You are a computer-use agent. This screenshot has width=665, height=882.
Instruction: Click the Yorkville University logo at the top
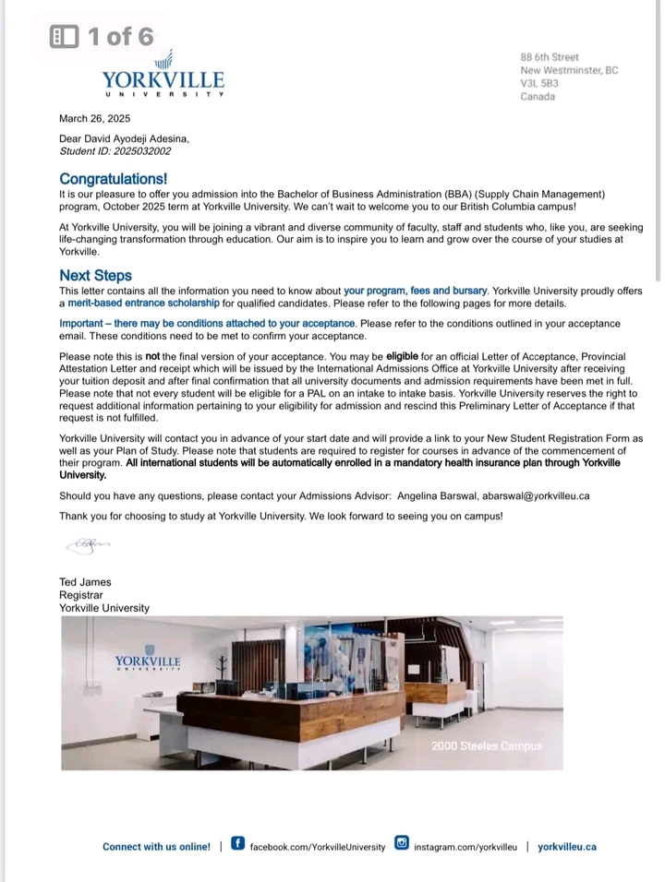click(163, 75)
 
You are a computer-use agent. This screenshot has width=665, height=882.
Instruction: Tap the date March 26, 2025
click(94, 118)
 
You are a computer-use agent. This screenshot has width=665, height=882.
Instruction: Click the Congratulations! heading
click(113, 178)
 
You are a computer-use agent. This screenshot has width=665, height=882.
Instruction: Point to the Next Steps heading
click(95, 275)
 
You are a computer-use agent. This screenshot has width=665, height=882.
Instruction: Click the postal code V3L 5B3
click(539, 83)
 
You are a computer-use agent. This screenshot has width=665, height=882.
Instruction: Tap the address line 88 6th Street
click(550, 57)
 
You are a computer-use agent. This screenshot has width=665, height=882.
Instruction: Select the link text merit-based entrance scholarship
click(144, 303)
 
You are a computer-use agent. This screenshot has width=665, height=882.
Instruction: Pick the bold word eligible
click(402, 356)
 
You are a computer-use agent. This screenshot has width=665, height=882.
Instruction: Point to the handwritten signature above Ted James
click(87, 545)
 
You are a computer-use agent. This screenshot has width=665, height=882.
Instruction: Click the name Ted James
click(85, 582)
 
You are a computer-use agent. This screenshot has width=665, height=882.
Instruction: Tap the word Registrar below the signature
click(81, 595)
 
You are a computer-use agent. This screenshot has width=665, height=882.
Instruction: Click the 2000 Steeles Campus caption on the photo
click(487, 745)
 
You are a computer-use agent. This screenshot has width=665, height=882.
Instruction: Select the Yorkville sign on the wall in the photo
click(148, 661)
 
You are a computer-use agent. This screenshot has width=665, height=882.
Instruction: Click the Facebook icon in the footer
click(237, 843)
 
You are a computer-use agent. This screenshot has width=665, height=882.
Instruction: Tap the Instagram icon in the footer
click(402, 843)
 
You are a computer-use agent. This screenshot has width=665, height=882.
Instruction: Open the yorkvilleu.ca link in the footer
click(567, 846)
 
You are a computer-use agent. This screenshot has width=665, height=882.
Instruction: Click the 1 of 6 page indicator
click(103, 36)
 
